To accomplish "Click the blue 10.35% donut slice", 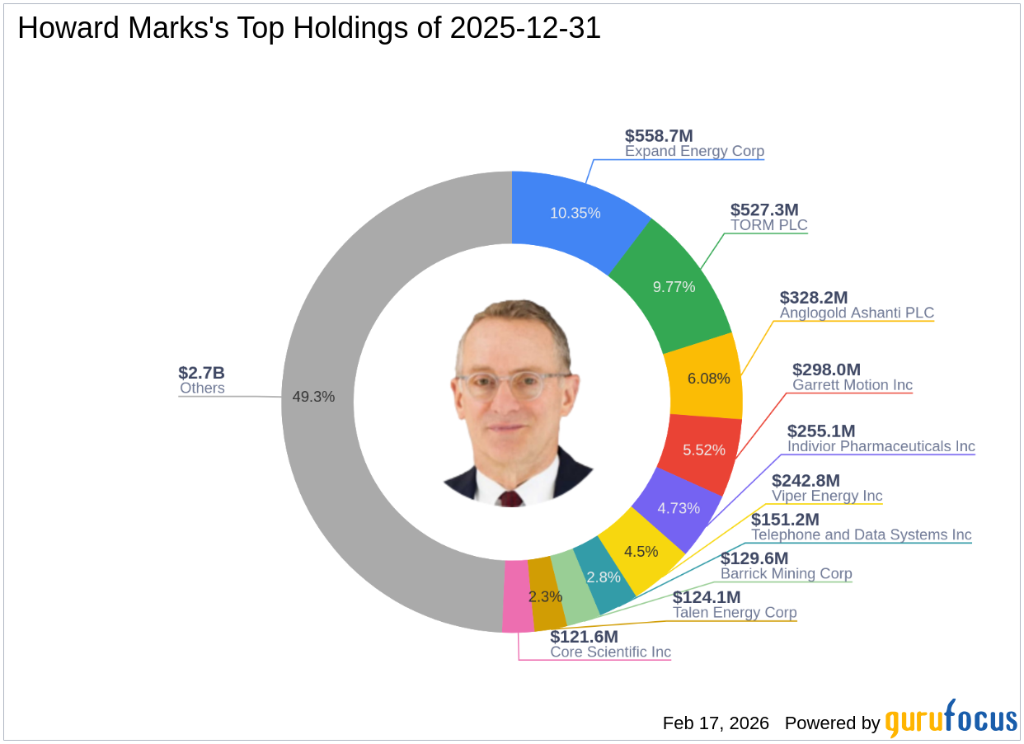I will click(575, 213).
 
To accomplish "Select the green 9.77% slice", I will click(674, 286).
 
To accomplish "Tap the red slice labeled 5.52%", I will click(703, 450).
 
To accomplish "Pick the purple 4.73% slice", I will click(678, 508).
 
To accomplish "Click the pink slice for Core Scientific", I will click(517, 596).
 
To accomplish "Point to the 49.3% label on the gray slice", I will click(313, 397).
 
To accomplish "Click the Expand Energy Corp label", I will click(694, 152).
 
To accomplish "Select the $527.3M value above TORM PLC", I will click(764, 210).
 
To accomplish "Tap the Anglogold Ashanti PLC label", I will click(857, 313).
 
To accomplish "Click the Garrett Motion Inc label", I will click(853, 385).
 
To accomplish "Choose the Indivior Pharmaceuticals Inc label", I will click(881, 446).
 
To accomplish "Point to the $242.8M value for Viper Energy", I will click(806, 481).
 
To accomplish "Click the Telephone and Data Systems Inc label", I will click(861, 535).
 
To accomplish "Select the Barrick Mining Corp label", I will click(786, 574).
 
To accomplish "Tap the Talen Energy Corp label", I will click(735, 613).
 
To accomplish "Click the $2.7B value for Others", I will click(201, 373).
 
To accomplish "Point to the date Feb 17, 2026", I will click(715, 723).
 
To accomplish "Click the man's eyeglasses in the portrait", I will click(512, 384).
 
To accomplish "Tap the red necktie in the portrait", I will click(510, 498).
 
